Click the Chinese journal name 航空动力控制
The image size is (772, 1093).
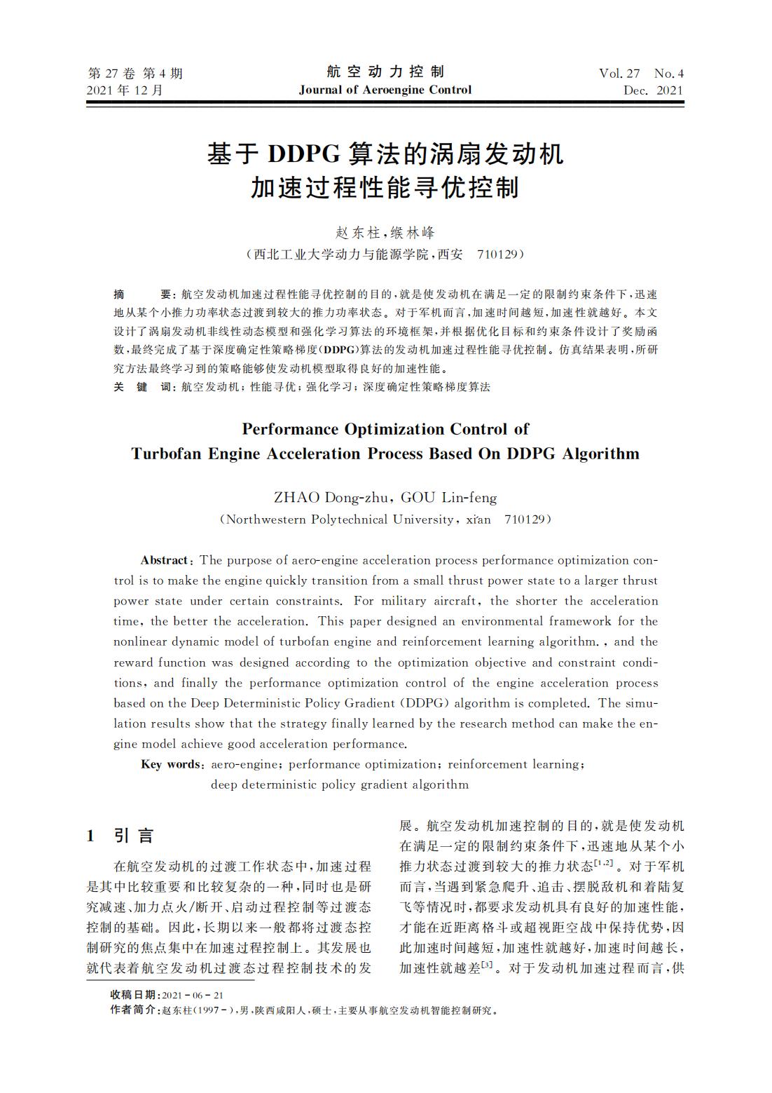click(385, 72)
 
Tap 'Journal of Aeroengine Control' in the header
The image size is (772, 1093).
click(385, 90)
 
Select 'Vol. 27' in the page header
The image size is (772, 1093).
click(619, 74)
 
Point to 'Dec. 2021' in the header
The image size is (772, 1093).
click(652, 90)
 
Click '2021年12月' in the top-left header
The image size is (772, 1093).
click(125, 90)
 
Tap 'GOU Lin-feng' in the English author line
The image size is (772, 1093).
click(448, 498)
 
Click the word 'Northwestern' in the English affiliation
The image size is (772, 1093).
click(267, 520)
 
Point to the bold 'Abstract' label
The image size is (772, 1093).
click(165, 560)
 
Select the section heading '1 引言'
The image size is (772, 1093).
click(120, 836)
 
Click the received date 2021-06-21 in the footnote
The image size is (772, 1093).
click(192, 996)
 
